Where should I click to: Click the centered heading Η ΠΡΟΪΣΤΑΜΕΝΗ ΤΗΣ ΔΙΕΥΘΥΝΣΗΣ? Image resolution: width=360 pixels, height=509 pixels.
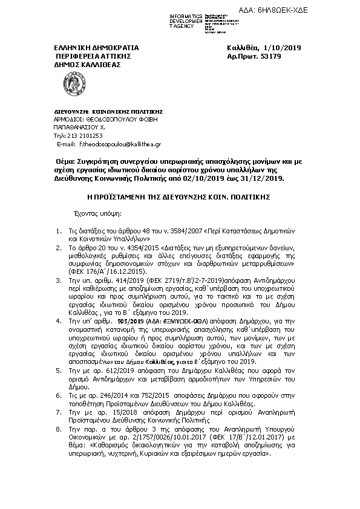180,197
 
